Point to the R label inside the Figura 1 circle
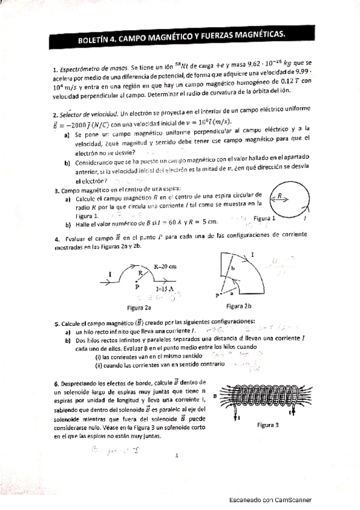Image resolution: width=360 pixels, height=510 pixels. click(x=280, y=195)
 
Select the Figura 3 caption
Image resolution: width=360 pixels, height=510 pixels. click(x=267, y=425)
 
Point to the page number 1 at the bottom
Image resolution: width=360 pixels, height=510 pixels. click(x=178, y=456)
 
